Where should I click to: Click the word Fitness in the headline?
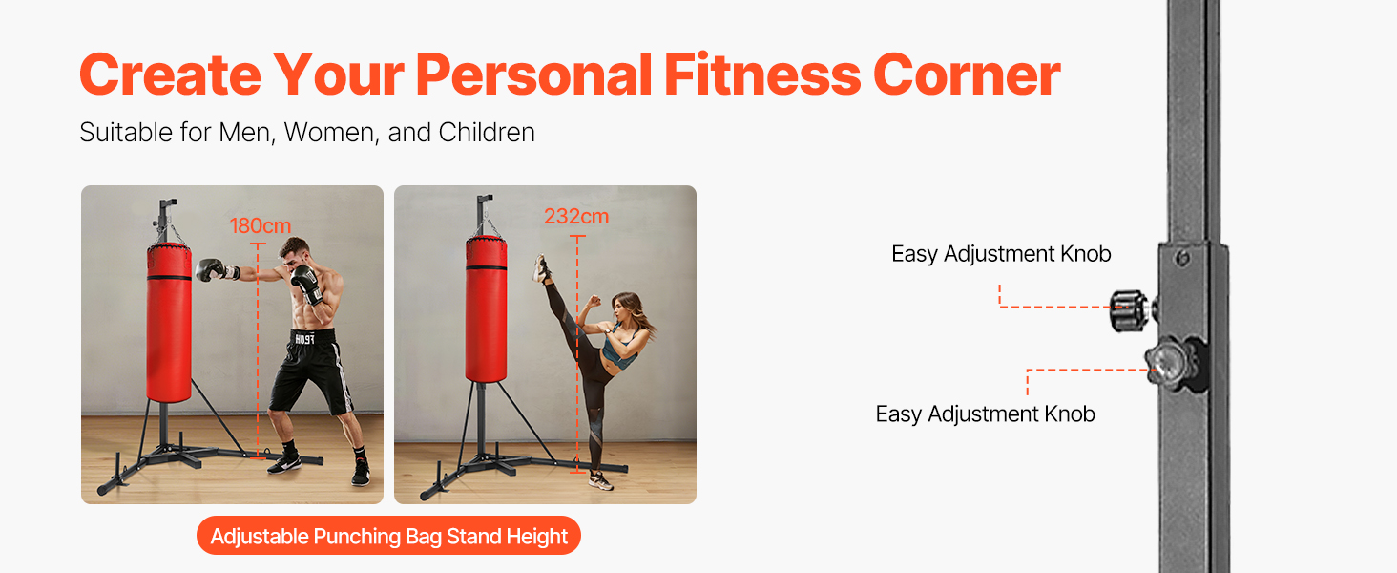point(762,74)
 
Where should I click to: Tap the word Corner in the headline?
point(967,74)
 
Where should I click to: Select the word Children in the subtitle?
point(487,133)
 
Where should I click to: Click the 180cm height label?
point(261,225)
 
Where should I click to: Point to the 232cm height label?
point(575,216)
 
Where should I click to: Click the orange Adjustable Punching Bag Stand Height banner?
point(388,536)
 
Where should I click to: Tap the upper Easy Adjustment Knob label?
point(1001,254)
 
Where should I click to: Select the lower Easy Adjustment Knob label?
point(986,414)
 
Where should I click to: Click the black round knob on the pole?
point(1129,310)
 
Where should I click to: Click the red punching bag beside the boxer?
point(169,323)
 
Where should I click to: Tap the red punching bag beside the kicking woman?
point(487,309)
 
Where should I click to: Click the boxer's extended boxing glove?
point(211,269)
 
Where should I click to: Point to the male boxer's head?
point(294,253)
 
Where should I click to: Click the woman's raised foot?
point(541,267)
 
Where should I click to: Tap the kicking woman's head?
point(626,308)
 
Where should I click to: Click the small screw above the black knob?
point(1181,258)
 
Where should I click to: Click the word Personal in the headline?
point(533,74)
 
